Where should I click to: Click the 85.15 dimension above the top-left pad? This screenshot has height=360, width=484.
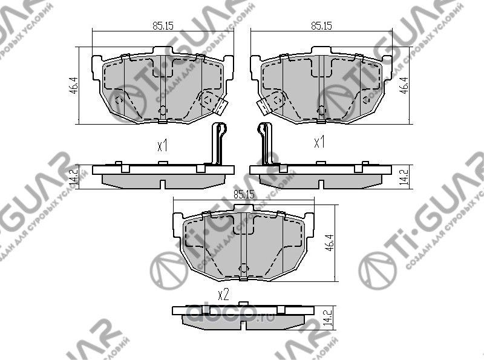coord(160,25)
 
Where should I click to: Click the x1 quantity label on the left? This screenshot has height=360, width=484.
coord(162,145)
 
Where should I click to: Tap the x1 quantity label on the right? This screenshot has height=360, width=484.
coord(319,143)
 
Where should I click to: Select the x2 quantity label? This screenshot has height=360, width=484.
coord(223,295)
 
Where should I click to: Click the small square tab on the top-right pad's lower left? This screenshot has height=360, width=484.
coord(264,106)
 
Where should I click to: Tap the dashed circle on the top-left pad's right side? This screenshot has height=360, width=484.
coord(209,99)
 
